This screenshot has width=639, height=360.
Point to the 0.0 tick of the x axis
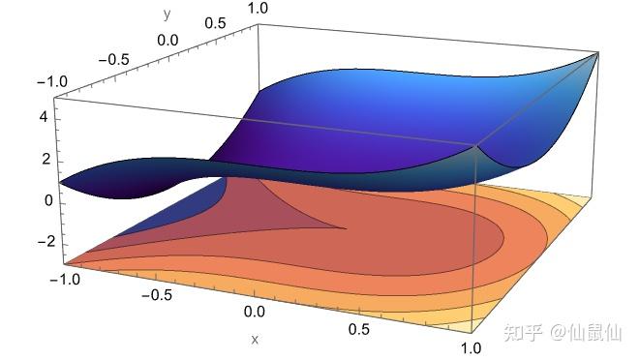(253, 312)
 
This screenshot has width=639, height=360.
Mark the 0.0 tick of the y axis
(167, 40)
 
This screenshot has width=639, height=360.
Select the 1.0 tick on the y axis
(258, 8)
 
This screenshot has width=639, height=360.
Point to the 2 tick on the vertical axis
(43, 158)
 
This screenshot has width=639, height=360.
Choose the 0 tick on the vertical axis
(43, 200)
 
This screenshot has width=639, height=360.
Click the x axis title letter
(255, 339)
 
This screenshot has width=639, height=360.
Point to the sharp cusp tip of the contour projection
(347, 227)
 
